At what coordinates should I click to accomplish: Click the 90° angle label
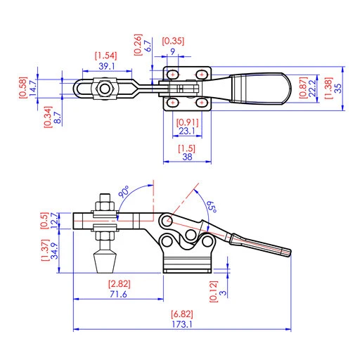coord(124,191)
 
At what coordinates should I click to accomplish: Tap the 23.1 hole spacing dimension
coord(186,131)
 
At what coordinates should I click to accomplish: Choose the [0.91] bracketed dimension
coord(186,121)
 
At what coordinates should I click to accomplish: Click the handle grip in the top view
coord(261,89)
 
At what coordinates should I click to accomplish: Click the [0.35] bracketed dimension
coord(174,41)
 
